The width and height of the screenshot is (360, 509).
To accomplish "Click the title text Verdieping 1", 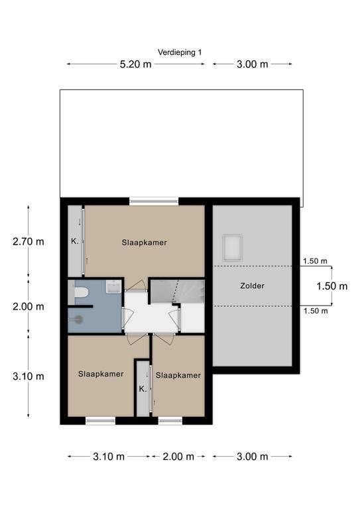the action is click(180, 52).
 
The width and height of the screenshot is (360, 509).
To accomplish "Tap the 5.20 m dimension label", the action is click(135, 64).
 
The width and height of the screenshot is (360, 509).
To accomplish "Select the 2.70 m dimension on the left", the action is click(29, 241).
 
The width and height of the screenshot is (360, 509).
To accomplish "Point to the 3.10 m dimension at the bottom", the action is click(109, 457).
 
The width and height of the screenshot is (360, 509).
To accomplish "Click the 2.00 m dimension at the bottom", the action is click(178, 457).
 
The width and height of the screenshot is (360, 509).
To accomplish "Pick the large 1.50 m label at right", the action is click(331, 286).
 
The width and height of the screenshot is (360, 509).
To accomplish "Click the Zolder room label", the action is click(252, 286).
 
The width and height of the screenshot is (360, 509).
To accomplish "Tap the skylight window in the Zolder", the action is click(232, 248).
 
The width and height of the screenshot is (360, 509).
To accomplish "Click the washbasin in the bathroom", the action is click(113, 286).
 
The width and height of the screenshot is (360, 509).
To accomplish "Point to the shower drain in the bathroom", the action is click(79, 319).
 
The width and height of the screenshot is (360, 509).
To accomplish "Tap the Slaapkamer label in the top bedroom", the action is click(144, 243).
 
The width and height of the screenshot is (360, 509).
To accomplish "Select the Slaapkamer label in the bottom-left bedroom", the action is click(101, 374).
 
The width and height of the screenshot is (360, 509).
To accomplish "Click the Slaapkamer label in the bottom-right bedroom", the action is click(178, 376).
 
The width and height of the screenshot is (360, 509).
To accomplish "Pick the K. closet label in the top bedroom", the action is click(75, 241).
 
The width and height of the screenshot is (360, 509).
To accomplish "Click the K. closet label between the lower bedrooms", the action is click(143, 389).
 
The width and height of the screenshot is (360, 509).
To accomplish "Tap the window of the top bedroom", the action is click(154, 201).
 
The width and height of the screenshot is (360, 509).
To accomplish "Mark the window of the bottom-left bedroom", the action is click(100, 421).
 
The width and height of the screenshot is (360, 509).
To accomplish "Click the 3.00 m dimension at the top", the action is click(252, 64).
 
